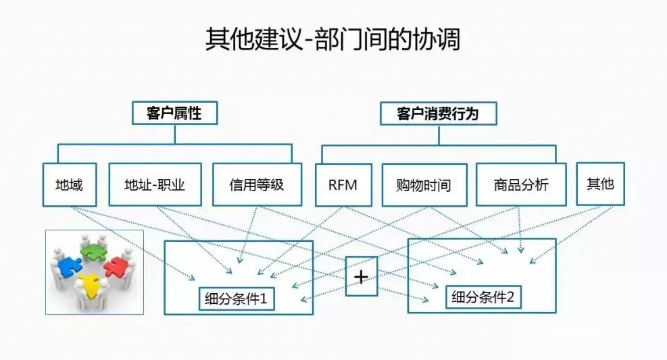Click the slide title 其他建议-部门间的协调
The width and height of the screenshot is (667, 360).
(332, 40)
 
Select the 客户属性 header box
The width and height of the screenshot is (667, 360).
(174, 113)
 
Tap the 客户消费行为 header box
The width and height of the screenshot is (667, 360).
(438, 113)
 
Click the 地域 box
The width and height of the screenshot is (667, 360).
(70, 184)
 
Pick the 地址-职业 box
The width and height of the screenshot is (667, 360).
(155, 184)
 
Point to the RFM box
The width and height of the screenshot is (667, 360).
(343, 184)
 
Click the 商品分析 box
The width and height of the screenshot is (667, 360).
(521, 184)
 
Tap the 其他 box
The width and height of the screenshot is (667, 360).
(600, 183)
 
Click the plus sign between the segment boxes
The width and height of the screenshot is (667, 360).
(361, 276)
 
